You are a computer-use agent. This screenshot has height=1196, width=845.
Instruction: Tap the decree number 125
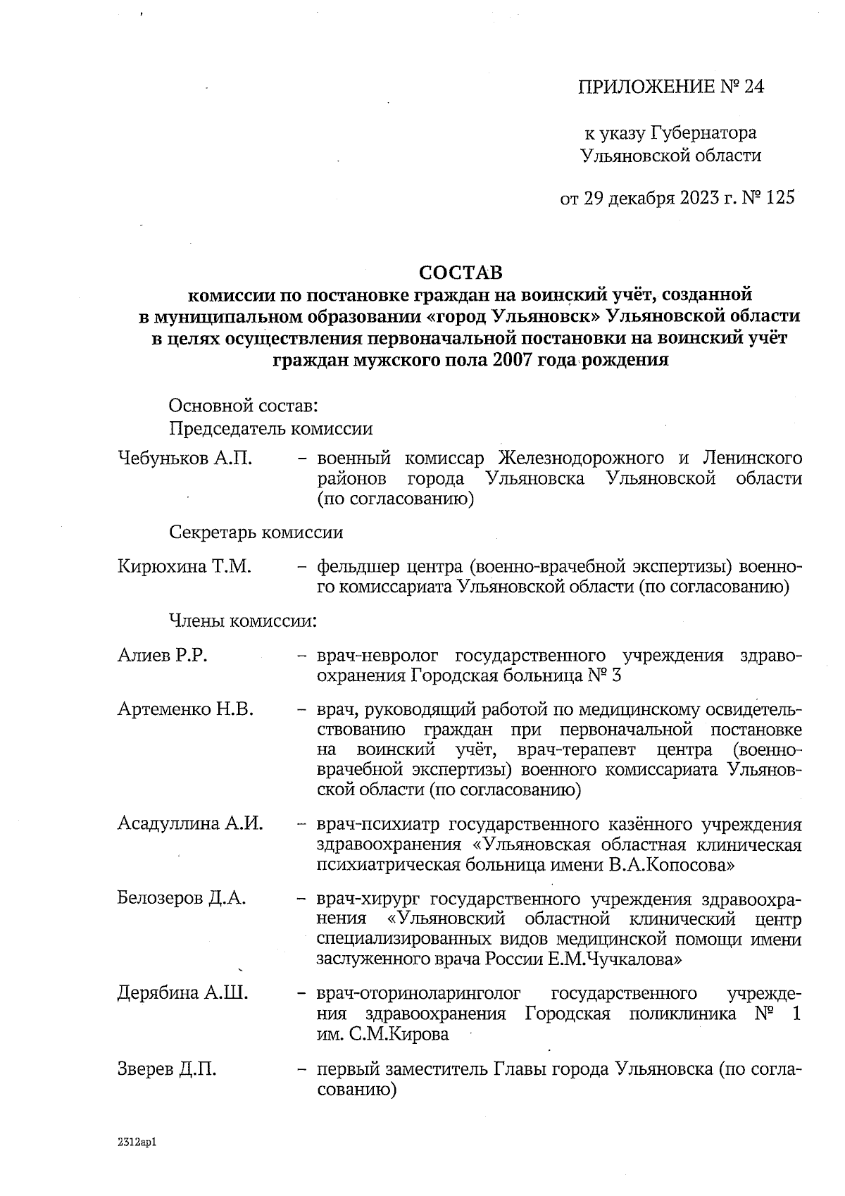coord(780,198)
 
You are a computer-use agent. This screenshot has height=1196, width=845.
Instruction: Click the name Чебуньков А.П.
coord(185,459)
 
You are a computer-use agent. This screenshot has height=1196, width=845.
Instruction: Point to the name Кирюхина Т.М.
coord(184,566)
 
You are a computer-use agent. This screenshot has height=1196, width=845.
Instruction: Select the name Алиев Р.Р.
coord(162,656)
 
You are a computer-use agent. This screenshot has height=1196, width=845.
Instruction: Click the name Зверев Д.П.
coord(167,1069)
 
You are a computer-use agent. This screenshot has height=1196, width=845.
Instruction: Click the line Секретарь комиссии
coord(256,532)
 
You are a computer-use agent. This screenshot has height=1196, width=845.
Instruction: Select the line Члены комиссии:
coord(243,621)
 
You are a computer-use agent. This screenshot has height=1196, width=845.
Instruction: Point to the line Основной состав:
coord(244,406)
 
